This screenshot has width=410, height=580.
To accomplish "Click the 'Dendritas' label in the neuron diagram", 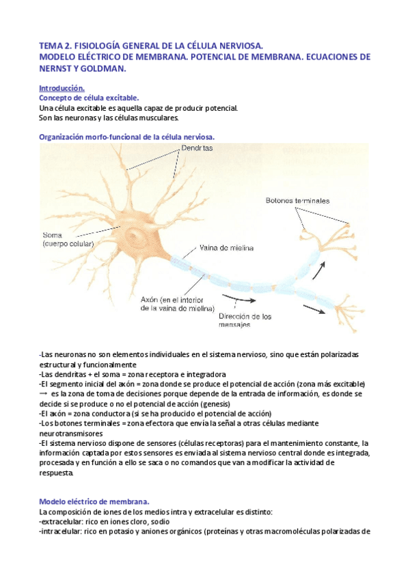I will [198, 148].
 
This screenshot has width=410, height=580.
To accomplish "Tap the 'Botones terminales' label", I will [297, 201].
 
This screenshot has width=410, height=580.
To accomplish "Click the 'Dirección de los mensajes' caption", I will [245, 321].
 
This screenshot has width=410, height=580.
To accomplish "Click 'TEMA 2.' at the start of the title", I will [57, 45].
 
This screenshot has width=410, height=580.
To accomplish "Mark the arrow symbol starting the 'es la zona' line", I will [44, 394].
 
